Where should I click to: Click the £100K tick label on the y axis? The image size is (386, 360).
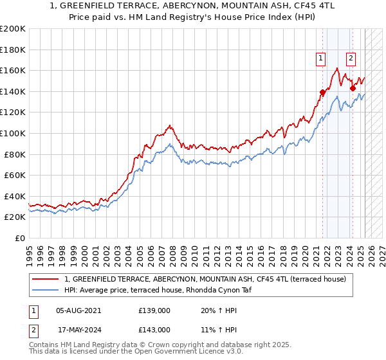[x=13, y=133]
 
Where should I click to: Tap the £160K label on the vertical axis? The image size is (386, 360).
[x=13, y=70]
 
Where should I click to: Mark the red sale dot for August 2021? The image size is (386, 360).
[x=322, y=92]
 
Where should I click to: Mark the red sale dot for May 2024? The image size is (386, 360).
[x=353, y=88]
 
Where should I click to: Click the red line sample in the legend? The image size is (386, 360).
[x=45, y=279]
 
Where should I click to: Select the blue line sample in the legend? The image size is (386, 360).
[x=45, y=290]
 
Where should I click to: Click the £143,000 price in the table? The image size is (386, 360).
[x=154, y=329]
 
